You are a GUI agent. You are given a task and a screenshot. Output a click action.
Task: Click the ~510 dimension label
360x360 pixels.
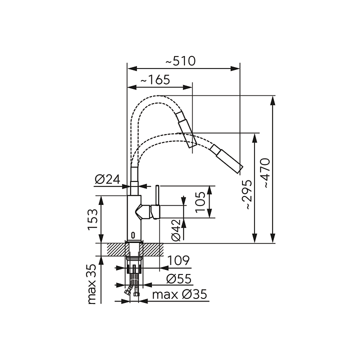coord(180,61)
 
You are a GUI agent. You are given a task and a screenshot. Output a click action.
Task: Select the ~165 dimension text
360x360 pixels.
coord(155,80)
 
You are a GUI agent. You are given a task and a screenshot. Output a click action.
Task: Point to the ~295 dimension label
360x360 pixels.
coord(248,194)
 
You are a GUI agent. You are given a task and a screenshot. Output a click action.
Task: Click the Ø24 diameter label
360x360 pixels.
coord(107,179)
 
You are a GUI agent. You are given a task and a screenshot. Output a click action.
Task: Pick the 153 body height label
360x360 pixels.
coord(93,219)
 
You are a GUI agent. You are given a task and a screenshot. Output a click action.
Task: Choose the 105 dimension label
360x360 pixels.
coord(200,202)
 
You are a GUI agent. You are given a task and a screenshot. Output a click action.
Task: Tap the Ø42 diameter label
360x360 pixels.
coord(176,230)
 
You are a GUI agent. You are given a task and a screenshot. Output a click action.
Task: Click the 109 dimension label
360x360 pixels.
coord(178,260)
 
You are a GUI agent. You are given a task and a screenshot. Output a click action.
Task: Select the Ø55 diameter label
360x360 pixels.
coord(179,278)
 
